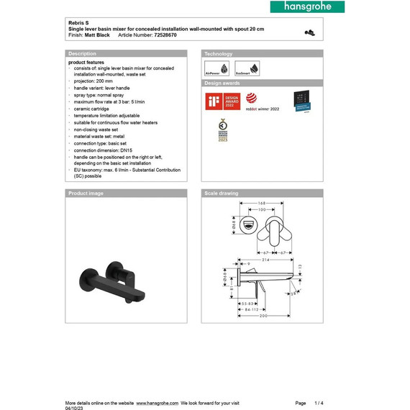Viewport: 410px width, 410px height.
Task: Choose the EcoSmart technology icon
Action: click(x=246, y=68)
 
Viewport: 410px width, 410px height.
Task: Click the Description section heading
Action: click(x=82, y=54)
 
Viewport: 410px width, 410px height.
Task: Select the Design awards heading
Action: click(x=221, y=83)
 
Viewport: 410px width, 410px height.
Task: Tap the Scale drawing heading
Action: click(x=222, y=193)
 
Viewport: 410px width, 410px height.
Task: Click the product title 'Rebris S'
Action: click(x=78, y=22)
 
